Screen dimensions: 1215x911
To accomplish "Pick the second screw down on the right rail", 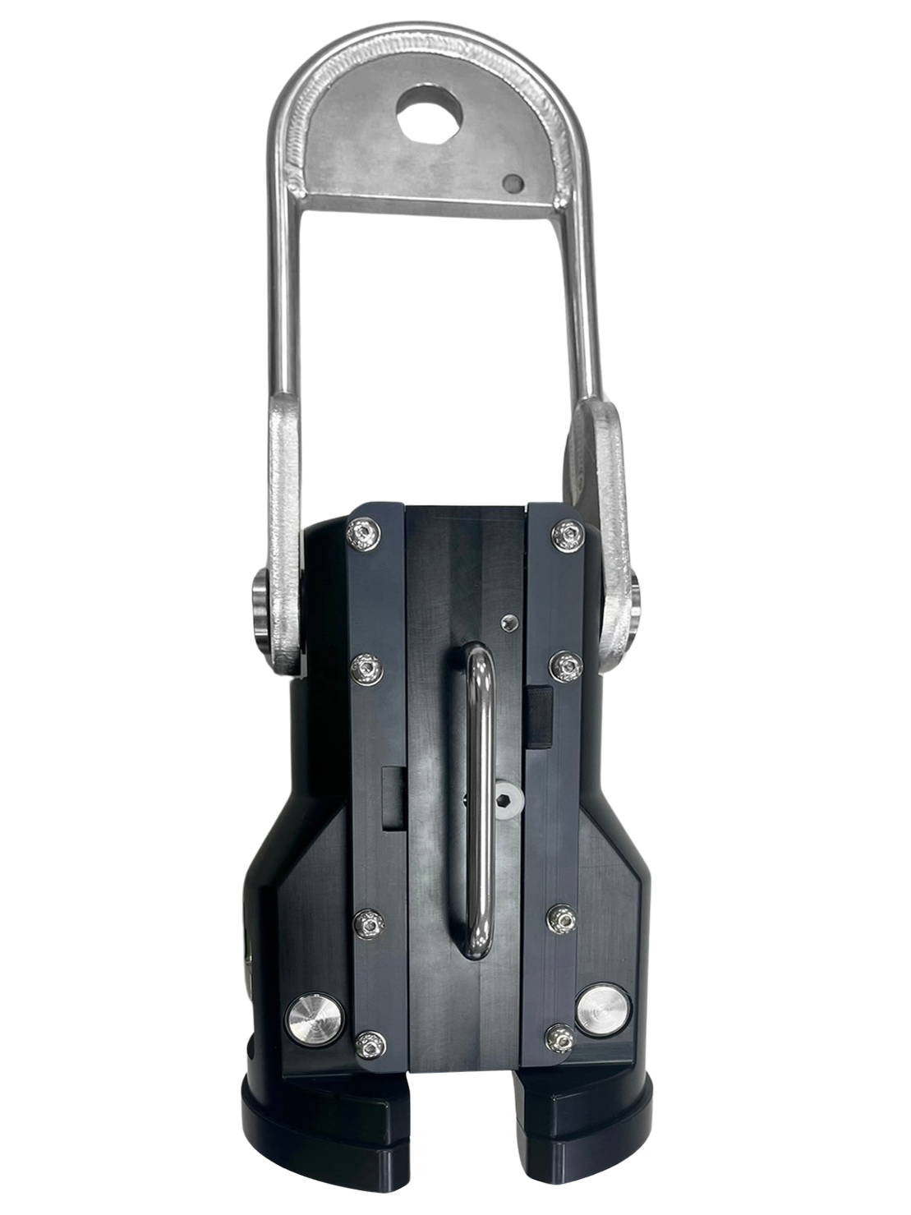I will [563, 665].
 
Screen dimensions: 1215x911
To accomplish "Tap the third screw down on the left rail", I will [368, 924].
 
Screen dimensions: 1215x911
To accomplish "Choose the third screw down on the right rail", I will [560, 918].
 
